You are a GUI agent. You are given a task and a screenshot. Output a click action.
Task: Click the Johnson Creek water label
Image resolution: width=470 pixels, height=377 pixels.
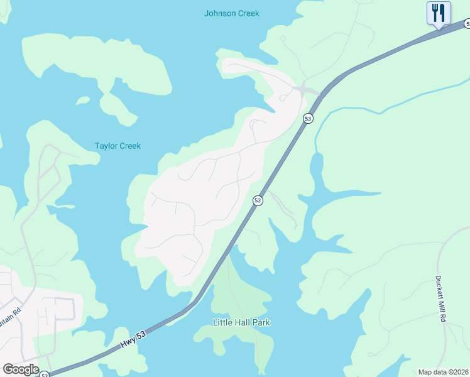coord(231,13)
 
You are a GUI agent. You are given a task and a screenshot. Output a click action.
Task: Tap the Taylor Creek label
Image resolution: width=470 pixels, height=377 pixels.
coord(117,146)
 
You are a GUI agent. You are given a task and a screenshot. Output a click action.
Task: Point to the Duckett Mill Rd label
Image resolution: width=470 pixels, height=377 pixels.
coord(441,300)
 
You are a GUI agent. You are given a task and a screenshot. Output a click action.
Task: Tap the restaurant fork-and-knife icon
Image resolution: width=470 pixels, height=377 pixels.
coord(439,13)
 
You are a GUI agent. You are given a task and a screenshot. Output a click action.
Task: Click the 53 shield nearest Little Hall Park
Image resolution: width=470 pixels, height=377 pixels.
coord(258,200)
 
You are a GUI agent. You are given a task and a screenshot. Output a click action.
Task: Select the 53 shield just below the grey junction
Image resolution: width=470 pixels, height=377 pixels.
coord(308,118)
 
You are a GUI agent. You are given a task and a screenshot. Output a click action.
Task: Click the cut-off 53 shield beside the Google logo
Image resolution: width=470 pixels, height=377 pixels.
coord(45,374)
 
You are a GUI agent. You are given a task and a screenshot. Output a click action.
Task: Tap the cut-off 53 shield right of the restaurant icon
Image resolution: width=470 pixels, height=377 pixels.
coord(467,23)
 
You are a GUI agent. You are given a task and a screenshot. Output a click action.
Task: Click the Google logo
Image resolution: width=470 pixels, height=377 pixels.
coord(21,369)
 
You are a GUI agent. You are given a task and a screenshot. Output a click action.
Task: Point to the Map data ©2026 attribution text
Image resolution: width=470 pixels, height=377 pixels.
coord(444,372)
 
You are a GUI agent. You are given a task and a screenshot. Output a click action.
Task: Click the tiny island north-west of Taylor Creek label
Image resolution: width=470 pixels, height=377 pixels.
coord(82,100)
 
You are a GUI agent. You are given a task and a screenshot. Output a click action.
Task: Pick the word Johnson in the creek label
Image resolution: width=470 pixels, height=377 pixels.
coord(220,13)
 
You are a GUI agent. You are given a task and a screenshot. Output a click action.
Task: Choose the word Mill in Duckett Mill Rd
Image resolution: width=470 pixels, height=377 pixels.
coord(441,298)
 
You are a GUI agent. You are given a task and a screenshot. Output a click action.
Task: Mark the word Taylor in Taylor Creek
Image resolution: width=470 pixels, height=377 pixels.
coord(106,146)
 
